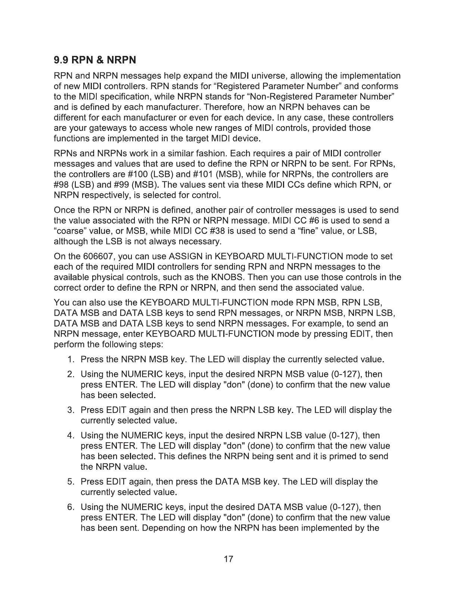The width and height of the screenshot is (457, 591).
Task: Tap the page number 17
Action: (x=228, y=559)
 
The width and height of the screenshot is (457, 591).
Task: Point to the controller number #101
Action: (x=200, y=174)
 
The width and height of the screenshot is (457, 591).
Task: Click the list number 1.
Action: (x=70, y=360)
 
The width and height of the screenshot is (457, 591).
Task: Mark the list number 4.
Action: (x=70, y=435)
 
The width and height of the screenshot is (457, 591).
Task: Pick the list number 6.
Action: (x=70, y=507)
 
